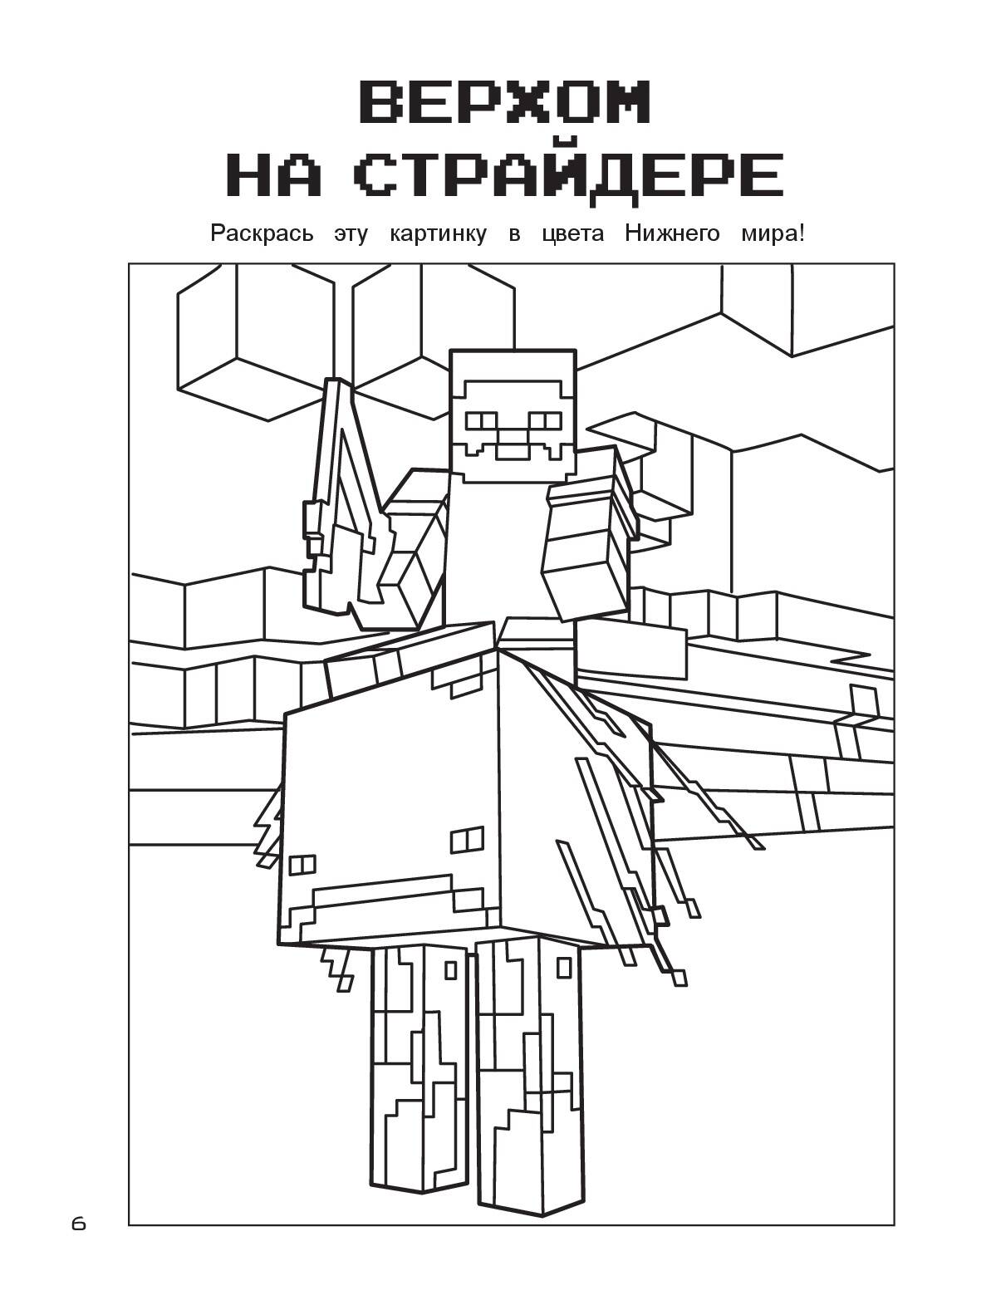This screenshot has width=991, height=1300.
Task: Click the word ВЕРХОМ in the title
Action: (504, 103)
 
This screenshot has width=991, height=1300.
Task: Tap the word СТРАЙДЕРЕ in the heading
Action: (571, 174)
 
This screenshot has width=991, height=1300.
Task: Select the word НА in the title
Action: (274, 175)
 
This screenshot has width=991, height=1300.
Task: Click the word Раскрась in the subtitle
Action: (262, 234)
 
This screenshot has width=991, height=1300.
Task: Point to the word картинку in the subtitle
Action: (438, 234)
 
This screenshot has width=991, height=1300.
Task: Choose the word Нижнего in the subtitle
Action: (672, 234)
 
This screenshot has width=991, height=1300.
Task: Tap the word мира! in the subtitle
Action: (773, 234)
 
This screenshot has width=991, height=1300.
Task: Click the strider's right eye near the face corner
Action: (467, 839)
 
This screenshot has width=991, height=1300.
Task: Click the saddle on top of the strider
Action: (415, 657)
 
